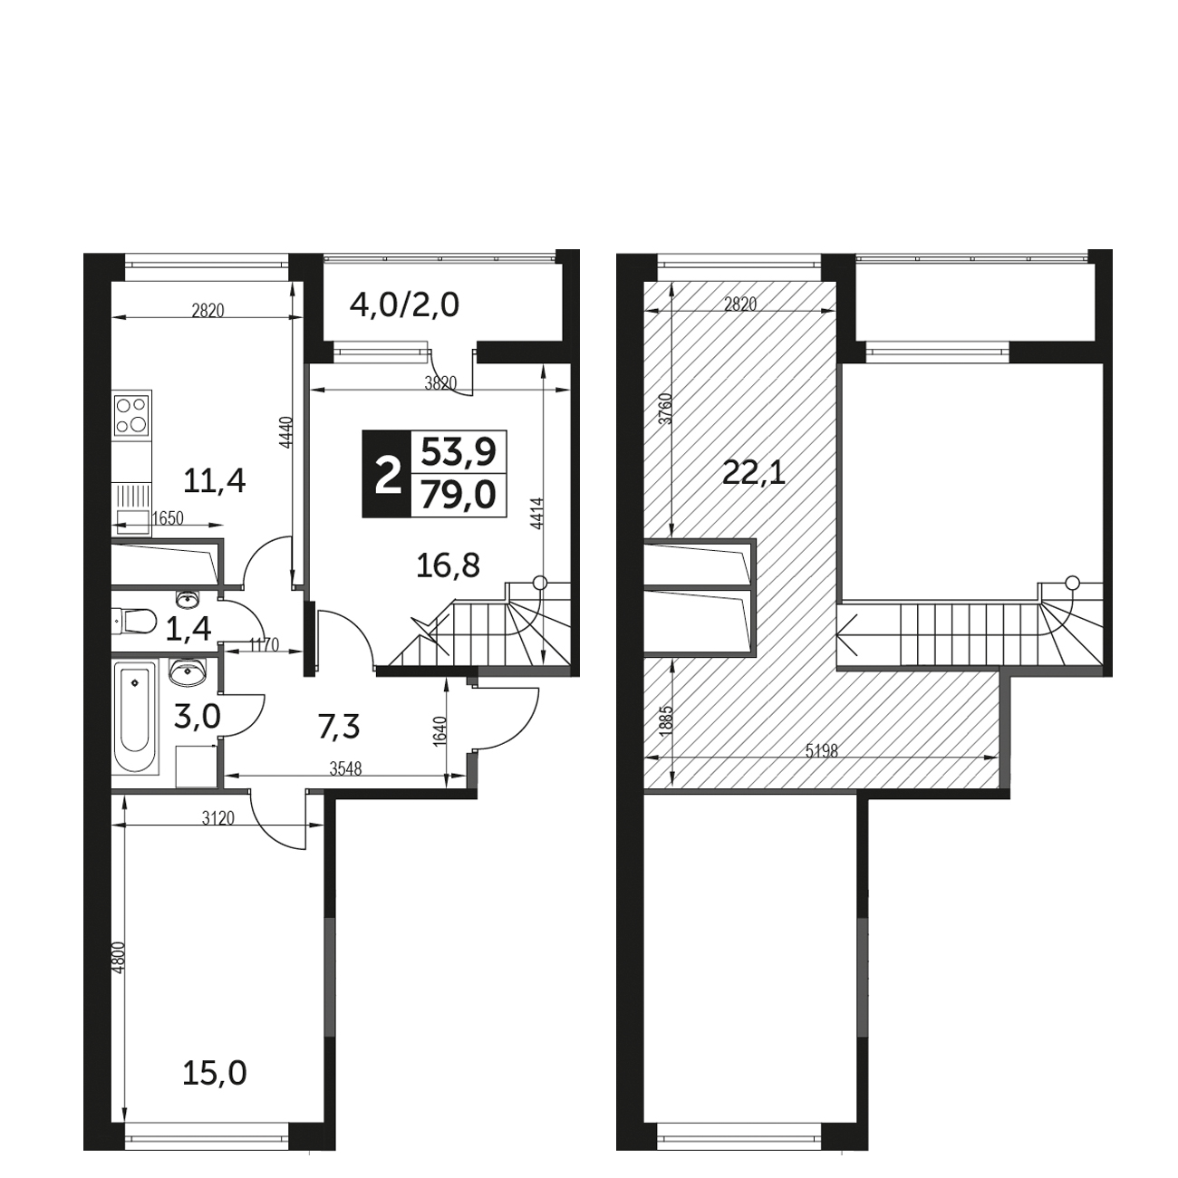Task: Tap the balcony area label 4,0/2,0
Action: click(404, 305)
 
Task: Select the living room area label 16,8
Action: click(448, 566)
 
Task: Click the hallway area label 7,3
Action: click(338, 727)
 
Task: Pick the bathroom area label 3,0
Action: click(197, 717)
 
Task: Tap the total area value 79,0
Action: click(459, 495)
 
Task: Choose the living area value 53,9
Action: click(459, 453)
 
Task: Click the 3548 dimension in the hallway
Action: click(346, 769)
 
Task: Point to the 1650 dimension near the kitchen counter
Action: click(168, 517)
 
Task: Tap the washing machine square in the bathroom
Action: click(197, 766)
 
